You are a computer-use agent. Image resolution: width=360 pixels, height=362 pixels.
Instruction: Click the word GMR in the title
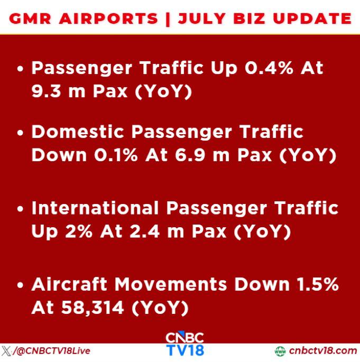pyautogui.click(x=30, y=18)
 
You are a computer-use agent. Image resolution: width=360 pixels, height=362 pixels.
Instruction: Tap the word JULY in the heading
pyautogui.click(x=201, y=18)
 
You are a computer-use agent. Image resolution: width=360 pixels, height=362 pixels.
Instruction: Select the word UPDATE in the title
pyautogui.click(x=312, y=18)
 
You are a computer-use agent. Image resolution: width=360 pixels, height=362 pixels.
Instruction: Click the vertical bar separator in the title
pyautogui.click(x=168, y=19)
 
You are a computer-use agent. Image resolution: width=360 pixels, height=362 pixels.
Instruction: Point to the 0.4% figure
pyautogui.click(x=269, y=68)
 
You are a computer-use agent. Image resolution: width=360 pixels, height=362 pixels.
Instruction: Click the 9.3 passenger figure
pyautogui.click(x=47, y=91)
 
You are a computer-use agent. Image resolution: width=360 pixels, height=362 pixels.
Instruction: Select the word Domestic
pyautogui.click(x=78, y=132)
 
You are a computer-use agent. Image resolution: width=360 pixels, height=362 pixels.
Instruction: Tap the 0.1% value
pyautogui.click(x=116, y=155)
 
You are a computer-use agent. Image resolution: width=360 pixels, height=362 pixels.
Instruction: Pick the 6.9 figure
pyautogui.click(x=190, y=155)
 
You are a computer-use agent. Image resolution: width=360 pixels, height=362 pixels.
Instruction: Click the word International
pyautogui.click(x=95, y=208)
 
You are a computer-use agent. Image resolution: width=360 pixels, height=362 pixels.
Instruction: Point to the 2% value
pyautogui.click(x=79, y=231)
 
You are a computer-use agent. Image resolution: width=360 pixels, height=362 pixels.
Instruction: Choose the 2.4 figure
pyautogui.click(x=144, y=231)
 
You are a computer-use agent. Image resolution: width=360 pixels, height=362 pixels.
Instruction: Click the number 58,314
pyautogui.click(x=93, y=308)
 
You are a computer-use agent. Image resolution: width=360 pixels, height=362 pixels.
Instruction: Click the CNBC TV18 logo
pyautogui.click(x=184, y=344)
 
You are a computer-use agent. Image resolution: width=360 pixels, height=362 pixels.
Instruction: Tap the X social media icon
pyautogui.click(x=6, y=351)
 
